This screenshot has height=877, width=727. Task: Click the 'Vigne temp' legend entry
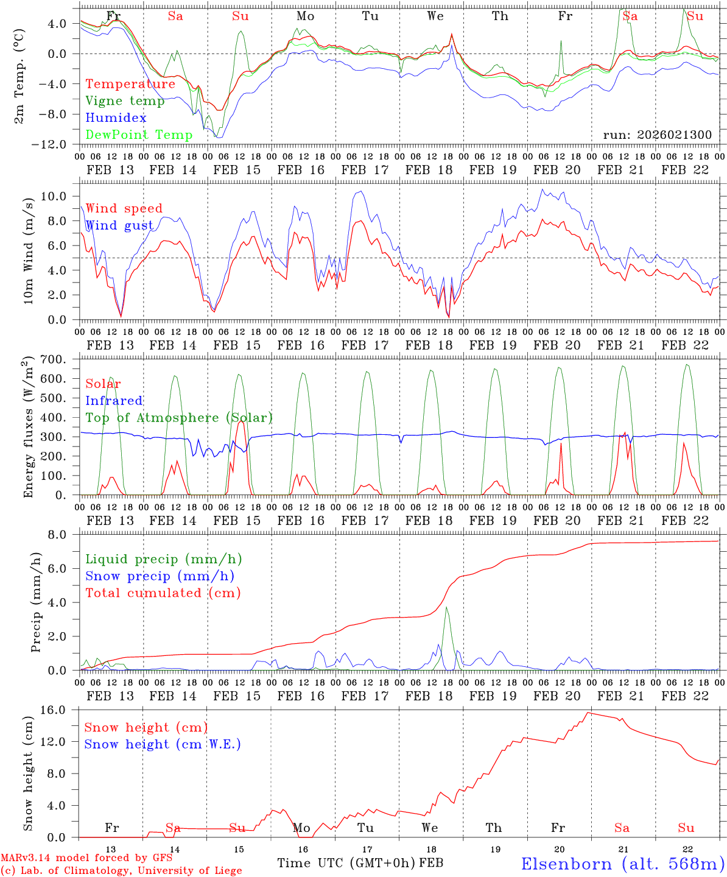(125, 101)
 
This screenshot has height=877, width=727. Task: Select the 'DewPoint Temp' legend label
(139, 135)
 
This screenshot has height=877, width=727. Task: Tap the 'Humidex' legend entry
(116, 118)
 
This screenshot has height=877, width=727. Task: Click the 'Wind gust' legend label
(119, 225)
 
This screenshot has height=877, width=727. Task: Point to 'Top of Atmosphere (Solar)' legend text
(179, 418)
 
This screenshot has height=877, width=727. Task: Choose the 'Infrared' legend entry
(114, 401)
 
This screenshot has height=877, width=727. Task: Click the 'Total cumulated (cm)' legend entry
(163, 593)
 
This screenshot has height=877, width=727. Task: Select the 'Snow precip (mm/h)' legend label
(160, 576)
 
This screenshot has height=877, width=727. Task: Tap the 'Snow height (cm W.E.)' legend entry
(163, 744)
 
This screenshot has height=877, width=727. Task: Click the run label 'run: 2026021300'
(657, 135)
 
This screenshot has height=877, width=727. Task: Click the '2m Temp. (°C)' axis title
(20, 77)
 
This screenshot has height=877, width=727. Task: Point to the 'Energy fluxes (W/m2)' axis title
(27, 428)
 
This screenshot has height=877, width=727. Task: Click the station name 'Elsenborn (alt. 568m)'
(622, 864)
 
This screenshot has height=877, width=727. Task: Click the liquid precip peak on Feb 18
(446, 607)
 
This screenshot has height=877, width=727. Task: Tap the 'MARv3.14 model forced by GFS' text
(86, 858)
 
